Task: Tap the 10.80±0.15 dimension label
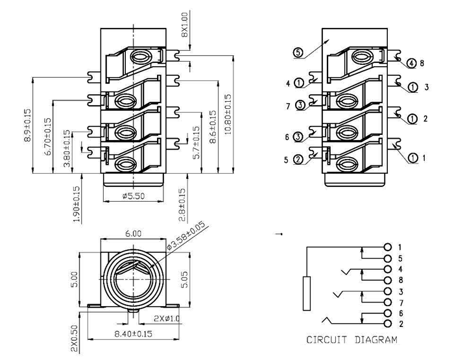pyautogui.click(x=227, y=115)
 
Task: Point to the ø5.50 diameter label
pyautogui.click(x=133, y=195)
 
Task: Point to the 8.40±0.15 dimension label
pyautogui.click(x=133, y=334)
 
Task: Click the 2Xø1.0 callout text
pyautogui.click(x=167, y=319)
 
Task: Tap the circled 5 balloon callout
pyautogui.click(x=298, y=53)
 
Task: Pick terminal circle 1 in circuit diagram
pyautogui.click(x=388, y=247)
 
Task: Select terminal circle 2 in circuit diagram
pyautogui.click(x=388, y=323)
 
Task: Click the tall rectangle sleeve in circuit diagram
pyautogui.click(x=307, y=294)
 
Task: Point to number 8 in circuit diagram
pyautogui.click(x=400, y=280)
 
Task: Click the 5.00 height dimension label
pyautogui.click(x=75, y=280)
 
